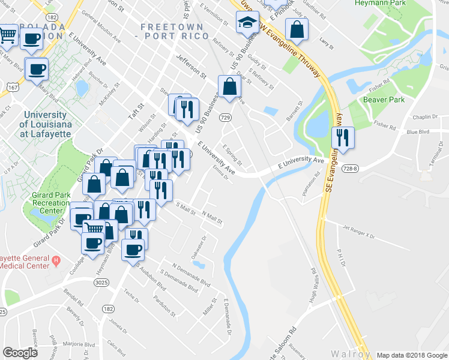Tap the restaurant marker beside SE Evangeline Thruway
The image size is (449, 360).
click(x=343, y=137)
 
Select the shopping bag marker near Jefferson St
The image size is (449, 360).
click(x=229, y=86)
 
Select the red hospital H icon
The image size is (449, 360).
click(x=56, y=260)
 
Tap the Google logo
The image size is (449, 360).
click(x=20, y=353)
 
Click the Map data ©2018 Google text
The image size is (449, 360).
click(x=411, y=355)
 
